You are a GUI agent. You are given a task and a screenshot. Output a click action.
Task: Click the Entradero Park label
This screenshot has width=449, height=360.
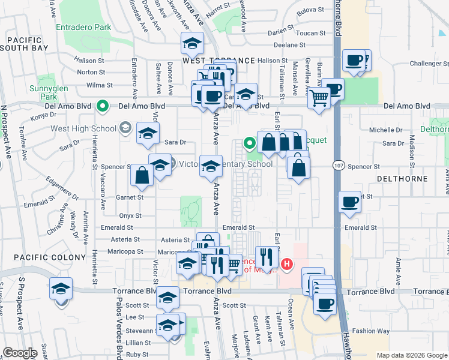83,27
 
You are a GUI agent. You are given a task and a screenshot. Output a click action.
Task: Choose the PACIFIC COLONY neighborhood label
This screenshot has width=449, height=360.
43,257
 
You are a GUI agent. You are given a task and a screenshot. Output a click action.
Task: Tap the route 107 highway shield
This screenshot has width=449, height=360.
337,164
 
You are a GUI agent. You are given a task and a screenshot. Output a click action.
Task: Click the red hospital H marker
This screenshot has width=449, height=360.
288,263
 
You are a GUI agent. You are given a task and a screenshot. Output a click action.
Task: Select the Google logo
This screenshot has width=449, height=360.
20,353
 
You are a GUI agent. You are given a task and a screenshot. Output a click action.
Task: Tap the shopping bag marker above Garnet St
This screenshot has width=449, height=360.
142,175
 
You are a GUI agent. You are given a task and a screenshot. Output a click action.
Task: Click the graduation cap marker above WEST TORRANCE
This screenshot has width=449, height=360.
192,43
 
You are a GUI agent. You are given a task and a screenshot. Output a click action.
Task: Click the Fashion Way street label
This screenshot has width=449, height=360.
371,331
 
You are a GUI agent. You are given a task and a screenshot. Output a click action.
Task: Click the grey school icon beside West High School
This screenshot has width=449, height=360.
125,127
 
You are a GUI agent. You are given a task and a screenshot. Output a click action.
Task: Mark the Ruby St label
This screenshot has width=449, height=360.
137,355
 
